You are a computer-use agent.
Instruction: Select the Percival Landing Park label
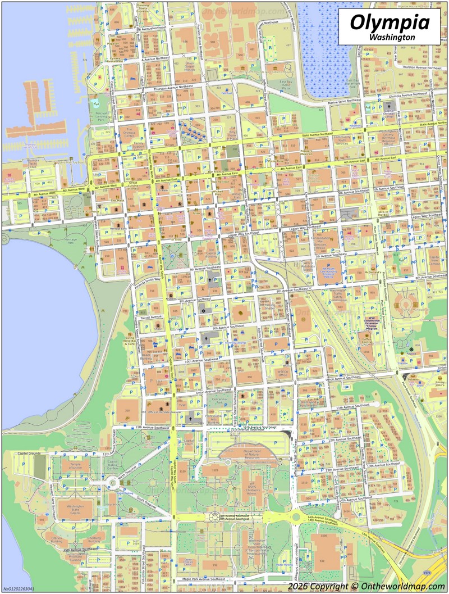point(100,116)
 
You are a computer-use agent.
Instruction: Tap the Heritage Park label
point(71,241)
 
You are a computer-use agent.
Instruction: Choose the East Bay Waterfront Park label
point(353,84)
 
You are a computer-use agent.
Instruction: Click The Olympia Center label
point(129,133)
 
